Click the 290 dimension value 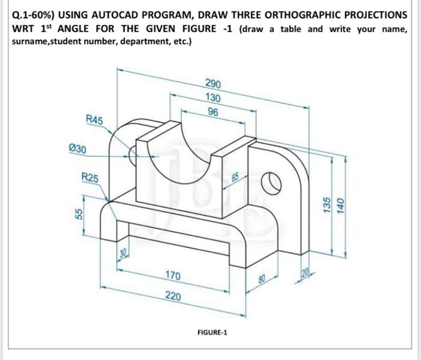(212, 84)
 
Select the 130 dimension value (212, 98)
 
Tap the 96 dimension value (212, 112)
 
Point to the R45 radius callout (94, 121)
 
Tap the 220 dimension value (173, 297)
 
